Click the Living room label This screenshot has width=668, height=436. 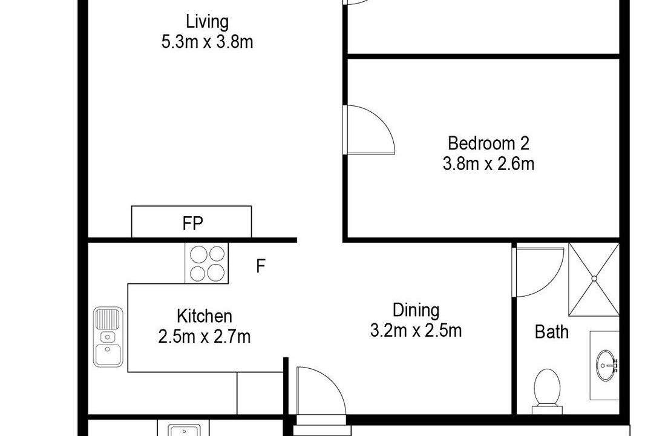[207, 22]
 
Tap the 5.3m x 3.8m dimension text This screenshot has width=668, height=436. [207, 42]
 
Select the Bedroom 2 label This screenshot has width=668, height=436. [488, 143]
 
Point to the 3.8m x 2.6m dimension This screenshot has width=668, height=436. [488, 163]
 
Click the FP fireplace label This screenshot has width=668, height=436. [192, 223]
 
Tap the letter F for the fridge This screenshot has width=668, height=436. [261, 266]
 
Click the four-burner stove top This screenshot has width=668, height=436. [206, 263]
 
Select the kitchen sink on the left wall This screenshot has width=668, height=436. [108, 337]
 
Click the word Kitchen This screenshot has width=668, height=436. [205, 316]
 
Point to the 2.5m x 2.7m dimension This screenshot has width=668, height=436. [205, 337]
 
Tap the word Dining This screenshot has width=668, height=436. [416, 310]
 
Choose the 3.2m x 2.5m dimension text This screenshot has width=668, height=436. [416, 330]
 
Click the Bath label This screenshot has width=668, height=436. [552, 332]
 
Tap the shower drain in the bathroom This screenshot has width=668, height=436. [594, 279]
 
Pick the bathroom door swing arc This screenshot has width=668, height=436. [554, 282]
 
